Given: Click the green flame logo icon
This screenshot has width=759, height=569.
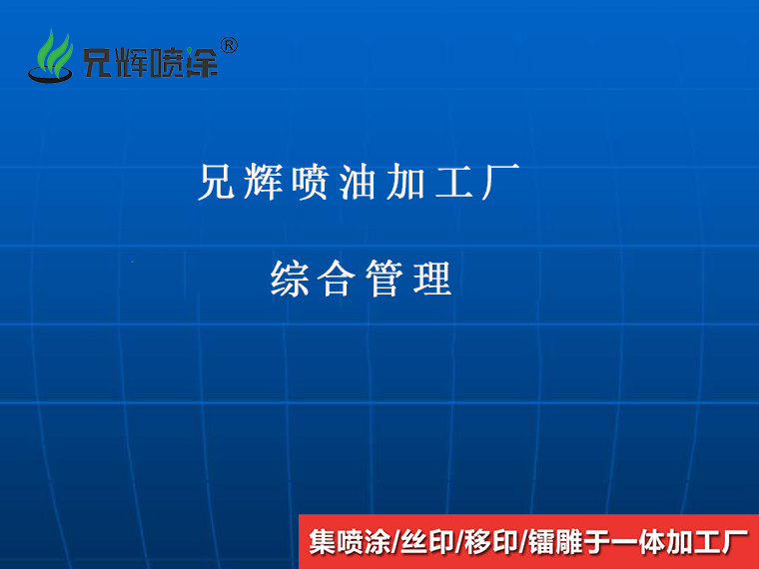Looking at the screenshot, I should tap(51, 57).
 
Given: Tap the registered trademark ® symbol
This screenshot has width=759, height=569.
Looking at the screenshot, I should tap(228, 45).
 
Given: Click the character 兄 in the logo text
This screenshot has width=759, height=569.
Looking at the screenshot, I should tap(99, 64).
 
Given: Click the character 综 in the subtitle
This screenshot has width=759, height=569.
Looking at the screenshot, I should tap(290, 279).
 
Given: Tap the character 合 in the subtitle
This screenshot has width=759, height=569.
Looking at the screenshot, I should tap(337, 279).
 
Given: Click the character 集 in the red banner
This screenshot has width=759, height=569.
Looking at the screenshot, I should tap(322, 542).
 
